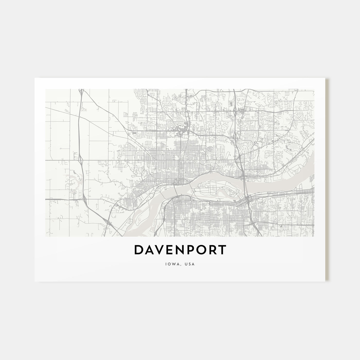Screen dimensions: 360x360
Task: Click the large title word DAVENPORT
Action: pyautogui.click(x=180, y=250)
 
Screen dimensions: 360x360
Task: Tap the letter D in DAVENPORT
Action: pyautogui.click(x=139, y=250)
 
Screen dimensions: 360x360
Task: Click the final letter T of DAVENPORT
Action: pyautogui.click(x=222, y=250)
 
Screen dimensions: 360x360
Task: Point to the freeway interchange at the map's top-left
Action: pyautogui.click(x=81, y=91)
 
